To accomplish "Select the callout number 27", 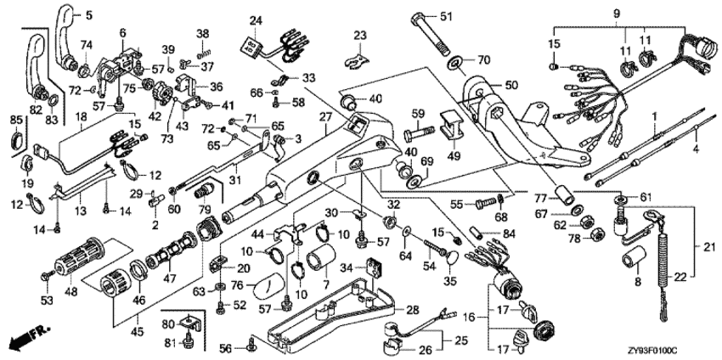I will (324, 116).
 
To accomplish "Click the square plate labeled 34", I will (370, 270).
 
